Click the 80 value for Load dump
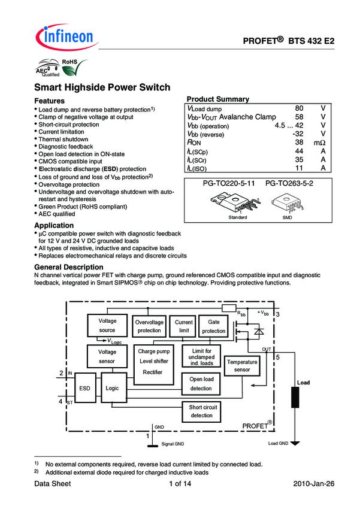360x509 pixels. [300, 108]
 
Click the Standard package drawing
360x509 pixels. [238, 204]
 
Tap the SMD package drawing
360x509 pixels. [292, 204]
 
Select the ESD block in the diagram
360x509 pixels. [84, 388]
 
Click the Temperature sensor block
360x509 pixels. [242, 366]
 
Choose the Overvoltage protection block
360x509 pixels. [149, 326]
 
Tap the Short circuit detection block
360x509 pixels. [201, 411]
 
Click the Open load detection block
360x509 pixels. [201, 384]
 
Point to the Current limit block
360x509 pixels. [184, 326]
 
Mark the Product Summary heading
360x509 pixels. [218, 99]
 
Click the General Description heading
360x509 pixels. [69, 266]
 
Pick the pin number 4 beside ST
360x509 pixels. [61, 400]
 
